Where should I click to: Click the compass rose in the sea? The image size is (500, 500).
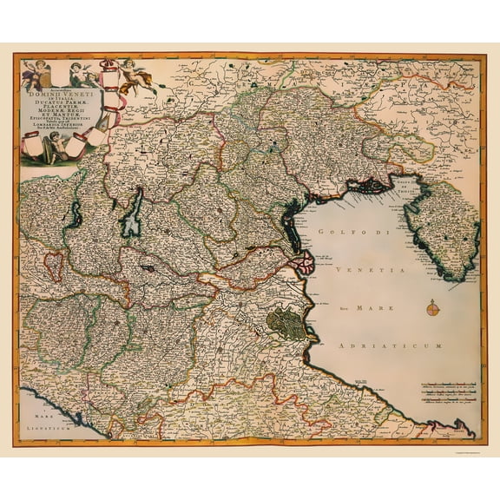click(x=432, y=307)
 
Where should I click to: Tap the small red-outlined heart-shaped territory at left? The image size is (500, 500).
click(x=55, y=265)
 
